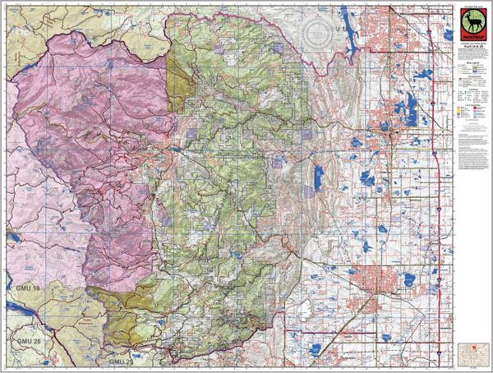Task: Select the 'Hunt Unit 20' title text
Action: click(469, 53)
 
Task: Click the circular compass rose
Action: click(318, 35)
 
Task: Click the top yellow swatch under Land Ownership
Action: click(461, 119)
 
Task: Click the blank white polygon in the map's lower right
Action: click(303, 309)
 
